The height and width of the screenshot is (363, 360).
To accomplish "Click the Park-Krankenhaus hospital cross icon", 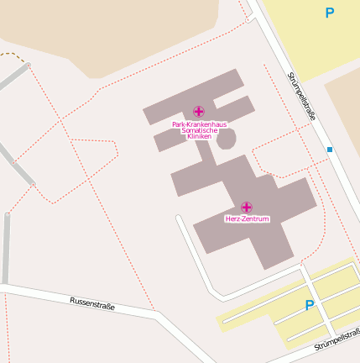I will (x=198, y=111).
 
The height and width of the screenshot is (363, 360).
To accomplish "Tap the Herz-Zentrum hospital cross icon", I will (x=247, y=207).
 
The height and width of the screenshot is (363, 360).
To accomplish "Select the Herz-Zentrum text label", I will (x=247, y=218).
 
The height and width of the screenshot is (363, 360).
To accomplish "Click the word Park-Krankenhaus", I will (x=199, y=124).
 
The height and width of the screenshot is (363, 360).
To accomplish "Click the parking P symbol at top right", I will (x=330, y=13).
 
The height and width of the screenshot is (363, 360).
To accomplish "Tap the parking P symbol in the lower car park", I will (x=310, y=306).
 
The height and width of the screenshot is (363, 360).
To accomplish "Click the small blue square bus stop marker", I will (x=330, y=150).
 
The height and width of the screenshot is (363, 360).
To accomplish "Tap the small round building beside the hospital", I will (x=226, y=139).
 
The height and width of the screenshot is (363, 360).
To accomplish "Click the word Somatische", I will (x=199, y=130).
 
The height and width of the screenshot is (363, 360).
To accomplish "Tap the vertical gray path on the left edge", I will (x=6, y=248).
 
